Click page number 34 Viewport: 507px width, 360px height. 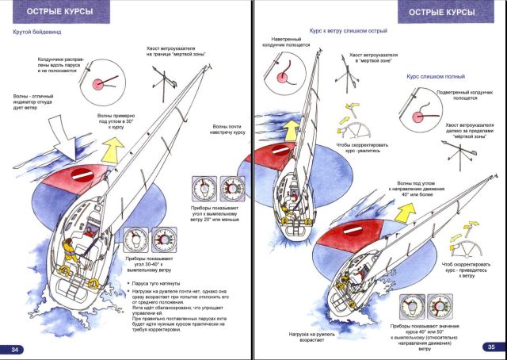tap(16, 350)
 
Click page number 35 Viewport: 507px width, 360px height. tap(490, 347)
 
